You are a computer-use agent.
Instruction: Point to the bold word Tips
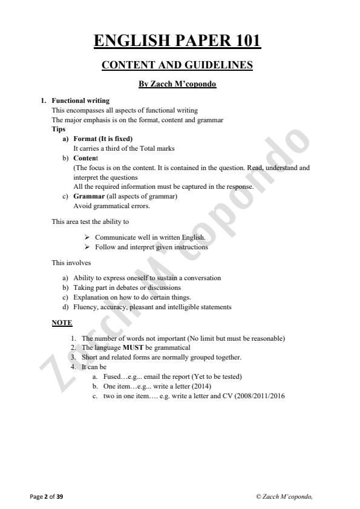59,129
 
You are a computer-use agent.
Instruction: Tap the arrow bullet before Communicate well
88,237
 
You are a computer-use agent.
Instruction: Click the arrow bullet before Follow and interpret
88,247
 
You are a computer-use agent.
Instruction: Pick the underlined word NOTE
62,323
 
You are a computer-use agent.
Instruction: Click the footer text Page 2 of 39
47,496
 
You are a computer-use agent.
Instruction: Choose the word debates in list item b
123,287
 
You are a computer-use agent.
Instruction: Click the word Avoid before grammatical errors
81,206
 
